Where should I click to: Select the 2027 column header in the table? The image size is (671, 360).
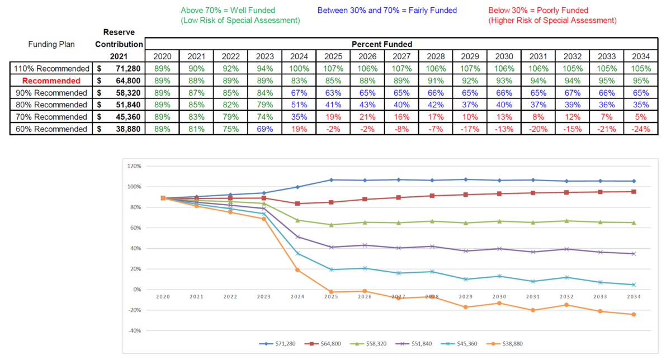(401, 56)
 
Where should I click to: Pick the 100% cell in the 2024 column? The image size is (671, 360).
(299, 69)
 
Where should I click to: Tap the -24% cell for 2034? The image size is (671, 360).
(641, 129)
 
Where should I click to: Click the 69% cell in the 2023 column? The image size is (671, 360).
(265, 129)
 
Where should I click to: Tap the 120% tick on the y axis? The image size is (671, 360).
(135, 167)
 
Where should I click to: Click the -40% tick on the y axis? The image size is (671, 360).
(135, 331)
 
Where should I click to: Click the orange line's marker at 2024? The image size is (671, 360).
(297, 270)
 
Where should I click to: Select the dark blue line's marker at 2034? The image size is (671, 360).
(634, 181)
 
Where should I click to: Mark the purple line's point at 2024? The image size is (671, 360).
(297, 237)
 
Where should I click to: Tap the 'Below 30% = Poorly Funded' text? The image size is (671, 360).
(538, 10)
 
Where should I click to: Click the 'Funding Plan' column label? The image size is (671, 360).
(52, 44)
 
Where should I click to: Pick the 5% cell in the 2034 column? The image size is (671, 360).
(641, 117)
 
